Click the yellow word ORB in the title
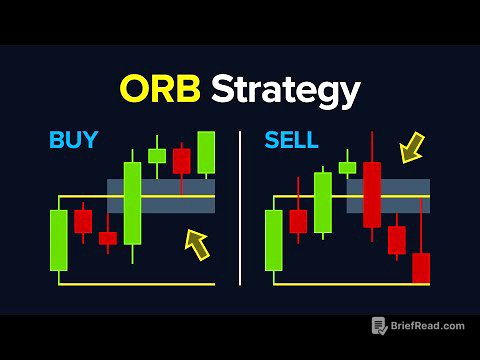point(162,90)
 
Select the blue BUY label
point(74,139)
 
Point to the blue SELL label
point(290,139)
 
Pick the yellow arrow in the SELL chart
point(410,150)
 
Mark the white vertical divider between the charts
point(240,207)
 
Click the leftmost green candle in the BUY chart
point(59,240)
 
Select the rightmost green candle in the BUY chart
point(206,152)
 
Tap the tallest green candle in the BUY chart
point(132,203)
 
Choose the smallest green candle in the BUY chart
point(157,155)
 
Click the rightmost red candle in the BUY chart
point(181,160)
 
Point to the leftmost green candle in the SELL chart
point(273,240)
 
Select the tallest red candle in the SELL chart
point(372,194)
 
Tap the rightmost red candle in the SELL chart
point(421,268)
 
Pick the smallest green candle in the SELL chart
point(347,168)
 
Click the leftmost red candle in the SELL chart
point(298,221)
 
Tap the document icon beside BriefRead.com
point(379,326)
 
